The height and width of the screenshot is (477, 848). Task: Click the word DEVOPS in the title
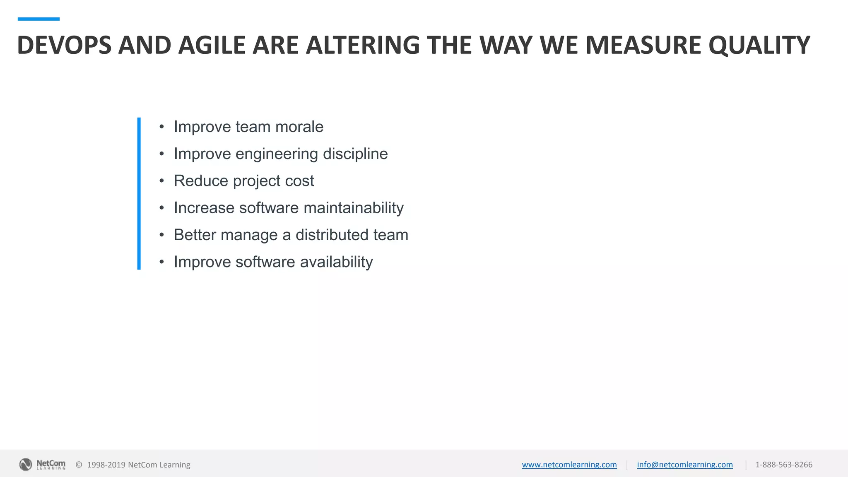[x=64, y=45]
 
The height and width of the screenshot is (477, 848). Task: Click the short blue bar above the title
[x=39, y=19]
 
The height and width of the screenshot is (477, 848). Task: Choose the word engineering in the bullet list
[x=277, y=154]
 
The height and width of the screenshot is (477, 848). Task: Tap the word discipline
[x=355, y=154]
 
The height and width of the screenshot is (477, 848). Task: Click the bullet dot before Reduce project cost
[x=161, y=181]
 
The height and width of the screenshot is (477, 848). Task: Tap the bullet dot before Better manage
[x=161, y=235]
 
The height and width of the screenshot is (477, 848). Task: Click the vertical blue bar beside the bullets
[x=139, y=193]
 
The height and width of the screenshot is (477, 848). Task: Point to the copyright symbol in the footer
[x=79, y=465]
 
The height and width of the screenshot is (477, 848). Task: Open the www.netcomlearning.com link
[x=569, y=465]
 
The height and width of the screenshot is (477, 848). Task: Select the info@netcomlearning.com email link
[x=684, y=465]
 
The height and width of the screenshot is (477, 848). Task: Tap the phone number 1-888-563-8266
[x=783, y=465]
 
